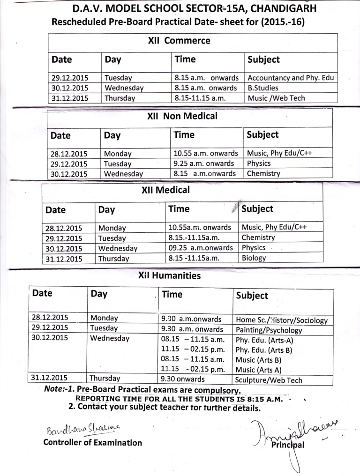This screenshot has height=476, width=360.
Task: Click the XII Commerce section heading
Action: [x=179, y=41]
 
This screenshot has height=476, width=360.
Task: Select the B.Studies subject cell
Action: [x=263, y=88]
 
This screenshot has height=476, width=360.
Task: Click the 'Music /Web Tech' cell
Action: [x=276, y=98]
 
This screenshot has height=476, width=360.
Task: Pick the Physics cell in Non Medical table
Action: [x=259, y=164]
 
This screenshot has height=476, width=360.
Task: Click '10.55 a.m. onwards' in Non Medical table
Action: [x=204, y=153]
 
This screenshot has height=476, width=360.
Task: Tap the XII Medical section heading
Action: [x=165, y=190]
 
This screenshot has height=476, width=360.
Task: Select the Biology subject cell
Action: [x=254, y=258]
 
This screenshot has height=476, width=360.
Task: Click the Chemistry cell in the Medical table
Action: [x=258, y=238]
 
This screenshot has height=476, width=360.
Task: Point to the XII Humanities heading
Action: [x=169, y=276]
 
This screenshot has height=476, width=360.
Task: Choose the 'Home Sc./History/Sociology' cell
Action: [x=281, y=321]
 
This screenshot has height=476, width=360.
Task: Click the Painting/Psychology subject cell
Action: [x=269, y=330]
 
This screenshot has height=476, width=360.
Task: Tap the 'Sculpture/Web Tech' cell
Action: [x=269, y=380]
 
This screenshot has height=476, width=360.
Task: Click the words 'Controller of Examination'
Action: [x=92, y=443]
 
